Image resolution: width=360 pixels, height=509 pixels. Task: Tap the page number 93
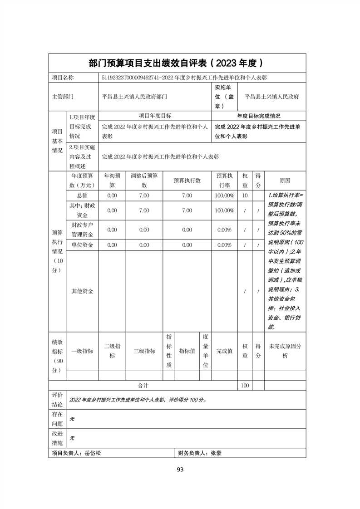point(180,469)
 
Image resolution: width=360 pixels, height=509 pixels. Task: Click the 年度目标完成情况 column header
point(258,116)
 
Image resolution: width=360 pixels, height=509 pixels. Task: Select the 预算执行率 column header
point(224,181)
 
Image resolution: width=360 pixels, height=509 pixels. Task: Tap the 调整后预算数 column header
point(144,181)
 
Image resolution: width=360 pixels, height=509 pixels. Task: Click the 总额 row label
point(82,195)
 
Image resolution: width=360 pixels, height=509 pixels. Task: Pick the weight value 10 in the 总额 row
point(245,195)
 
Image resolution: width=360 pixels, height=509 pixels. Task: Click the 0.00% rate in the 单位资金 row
point(224,245)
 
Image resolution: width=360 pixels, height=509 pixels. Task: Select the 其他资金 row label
point(82,291)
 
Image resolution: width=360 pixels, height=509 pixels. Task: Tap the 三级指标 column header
point(144,351)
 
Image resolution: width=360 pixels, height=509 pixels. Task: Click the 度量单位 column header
point(205,351)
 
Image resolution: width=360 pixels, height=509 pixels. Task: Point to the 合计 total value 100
point(245,385)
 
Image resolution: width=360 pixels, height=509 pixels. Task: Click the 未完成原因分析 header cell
point(285,351)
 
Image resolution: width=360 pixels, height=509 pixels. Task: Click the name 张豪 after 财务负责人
point(216,453)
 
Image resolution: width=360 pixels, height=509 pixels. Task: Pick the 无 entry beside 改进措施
point(72,439)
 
